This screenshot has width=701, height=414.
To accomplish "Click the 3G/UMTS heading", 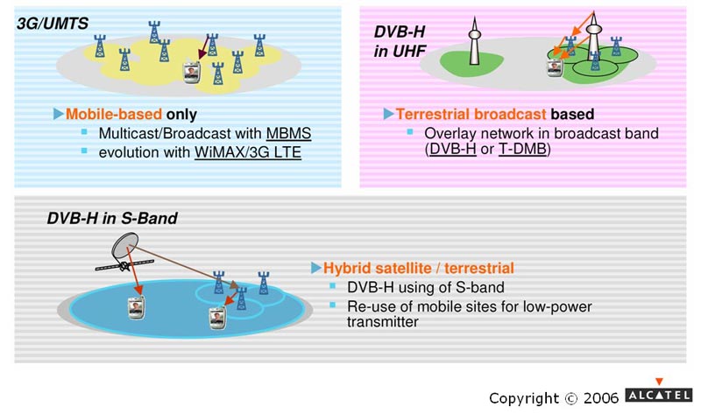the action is (53, 24).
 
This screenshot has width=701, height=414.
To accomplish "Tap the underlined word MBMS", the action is (288, 134).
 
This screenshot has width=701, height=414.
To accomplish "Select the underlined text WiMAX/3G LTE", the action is (248, 153).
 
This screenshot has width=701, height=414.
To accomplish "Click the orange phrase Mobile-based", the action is (114, 115).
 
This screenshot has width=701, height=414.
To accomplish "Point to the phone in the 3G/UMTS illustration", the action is (192, 73).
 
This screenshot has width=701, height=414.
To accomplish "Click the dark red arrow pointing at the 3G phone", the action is (203, 47).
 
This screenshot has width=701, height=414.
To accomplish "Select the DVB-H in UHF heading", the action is (400, 41).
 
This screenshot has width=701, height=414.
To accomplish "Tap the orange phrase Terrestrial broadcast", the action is (471, 115).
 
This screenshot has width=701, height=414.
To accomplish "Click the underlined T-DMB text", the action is (522, 149).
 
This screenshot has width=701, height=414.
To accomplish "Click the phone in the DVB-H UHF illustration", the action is (555, 67).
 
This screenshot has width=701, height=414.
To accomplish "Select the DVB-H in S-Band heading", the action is (112, 218).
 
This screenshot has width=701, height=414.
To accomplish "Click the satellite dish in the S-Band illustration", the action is (124, 244).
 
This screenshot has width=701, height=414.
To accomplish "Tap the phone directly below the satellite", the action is (136, 308).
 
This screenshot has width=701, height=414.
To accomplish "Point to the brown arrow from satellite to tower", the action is (184, 266).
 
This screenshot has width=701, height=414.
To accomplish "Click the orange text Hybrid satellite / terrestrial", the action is (419, 268).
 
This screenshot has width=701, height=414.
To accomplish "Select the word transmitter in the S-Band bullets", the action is (383, 322).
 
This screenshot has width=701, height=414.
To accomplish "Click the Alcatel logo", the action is (659, 390).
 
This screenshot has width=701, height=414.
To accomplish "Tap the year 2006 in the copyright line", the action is (601, 397).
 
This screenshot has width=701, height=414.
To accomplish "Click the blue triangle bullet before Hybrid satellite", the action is (315, 268).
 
